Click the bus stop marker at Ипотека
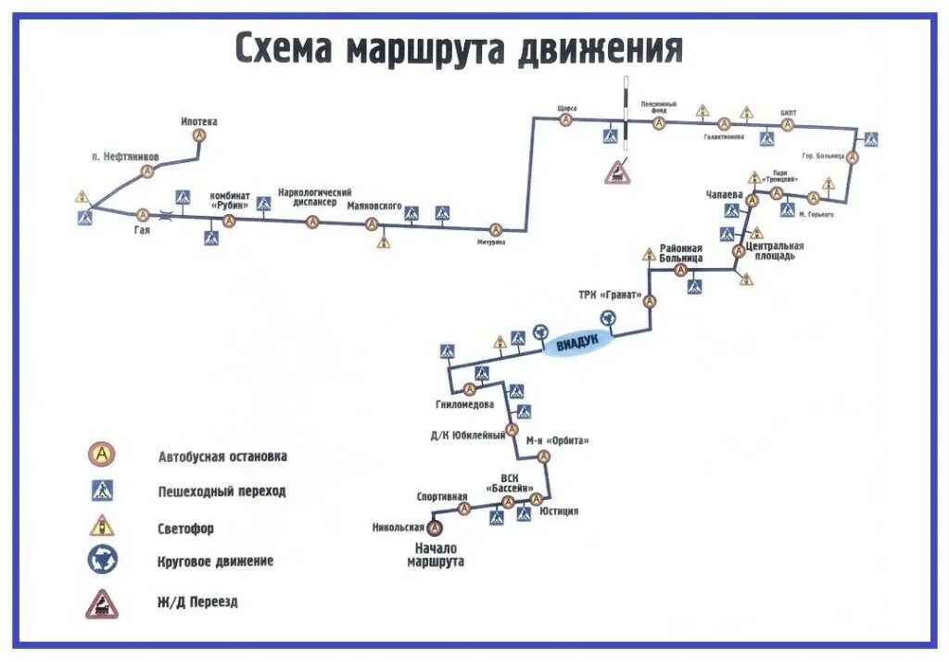pos(199,135)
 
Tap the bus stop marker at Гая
pos(143,214)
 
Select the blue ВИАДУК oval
pos(578,343)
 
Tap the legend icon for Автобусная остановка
pos(102,454)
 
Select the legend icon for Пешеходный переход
pos(102,490)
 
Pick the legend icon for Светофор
pos(101,526)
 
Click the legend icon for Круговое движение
pos(102,559)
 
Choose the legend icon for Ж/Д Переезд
pos(101,604)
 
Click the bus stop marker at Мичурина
pos(495,229)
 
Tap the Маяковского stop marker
pos(371,223)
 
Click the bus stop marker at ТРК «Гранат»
pos(650,300)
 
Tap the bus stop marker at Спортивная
pos(464,507)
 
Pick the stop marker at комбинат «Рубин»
pos(230,221)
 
